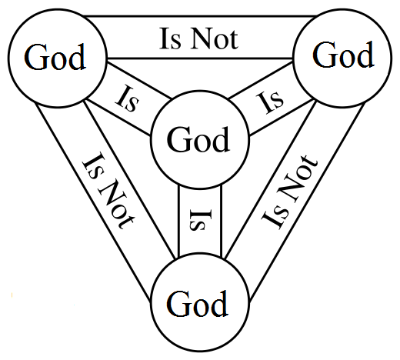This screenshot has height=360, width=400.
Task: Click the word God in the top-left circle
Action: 55,57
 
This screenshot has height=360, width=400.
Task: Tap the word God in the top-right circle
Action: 343,55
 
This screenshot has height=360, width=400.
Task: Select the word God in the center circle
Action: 198,139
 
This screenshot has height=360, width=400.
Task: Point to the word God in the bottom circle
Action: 197,304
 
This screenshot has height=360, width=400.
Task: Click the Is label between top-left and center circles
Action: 128,98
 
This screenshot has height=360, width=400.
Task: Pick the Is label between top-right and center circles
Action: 270,102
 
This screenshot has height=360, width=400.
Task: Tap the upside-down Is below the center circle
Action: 201,220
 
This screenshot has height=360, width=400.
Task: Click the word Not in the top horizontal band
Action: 215,38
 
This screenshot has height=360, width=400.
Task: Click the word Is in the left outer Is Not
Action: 93,165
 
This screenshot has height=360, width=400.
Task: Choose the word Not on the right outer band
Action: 298,179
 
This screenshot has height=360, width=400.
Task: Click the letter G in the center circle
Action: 177,139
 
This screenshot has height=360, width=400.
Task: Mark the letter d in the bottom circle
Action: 218,304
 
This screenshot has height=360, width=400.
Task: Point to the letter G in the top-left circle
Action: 35,57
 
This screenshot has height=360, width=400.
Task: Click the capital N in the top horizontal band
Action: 202,38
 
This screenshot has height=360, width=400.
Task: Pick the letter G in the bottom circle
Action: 177,304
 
